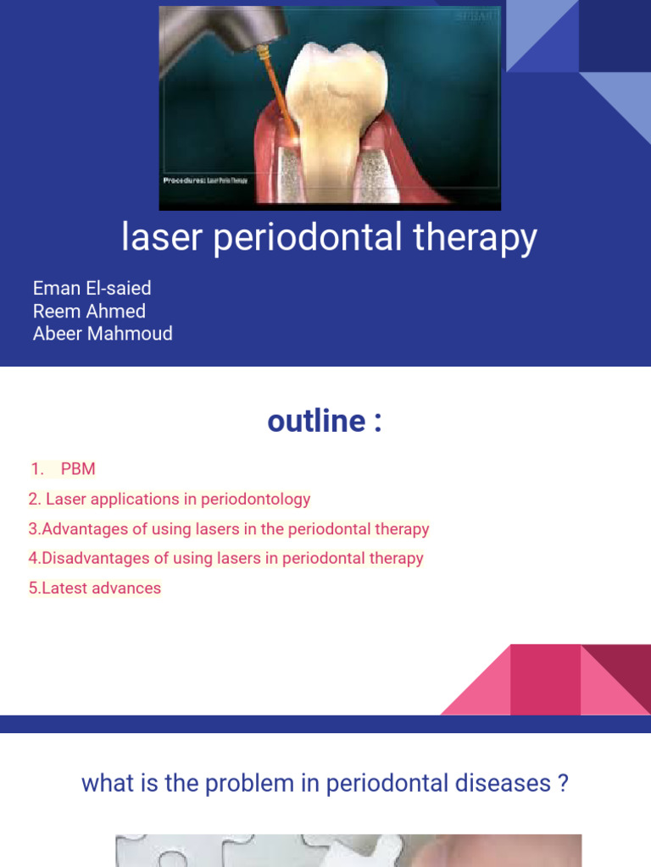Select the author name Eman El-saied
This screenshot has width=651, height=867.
[92, 288]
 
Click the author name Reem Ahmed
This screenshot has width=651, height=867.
[89, 311]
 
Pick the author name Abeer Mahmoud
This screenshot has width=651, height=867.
[103, 334]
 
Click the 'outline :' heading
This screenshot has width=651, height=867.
[325, 421]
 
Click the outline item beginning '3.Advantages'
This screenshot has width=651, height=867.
[229, 529]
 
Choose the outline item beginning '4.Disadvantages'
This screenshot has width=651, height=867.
[225, 559]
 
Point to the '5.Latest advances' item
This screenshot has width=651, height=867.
[94, 588]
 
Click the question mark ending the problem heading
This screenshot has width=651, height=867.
[562, 783]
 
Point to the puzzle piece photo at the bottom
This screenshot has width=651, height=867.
[348, 850]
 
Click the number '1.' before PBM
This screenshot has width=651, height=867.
[37, 469]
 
